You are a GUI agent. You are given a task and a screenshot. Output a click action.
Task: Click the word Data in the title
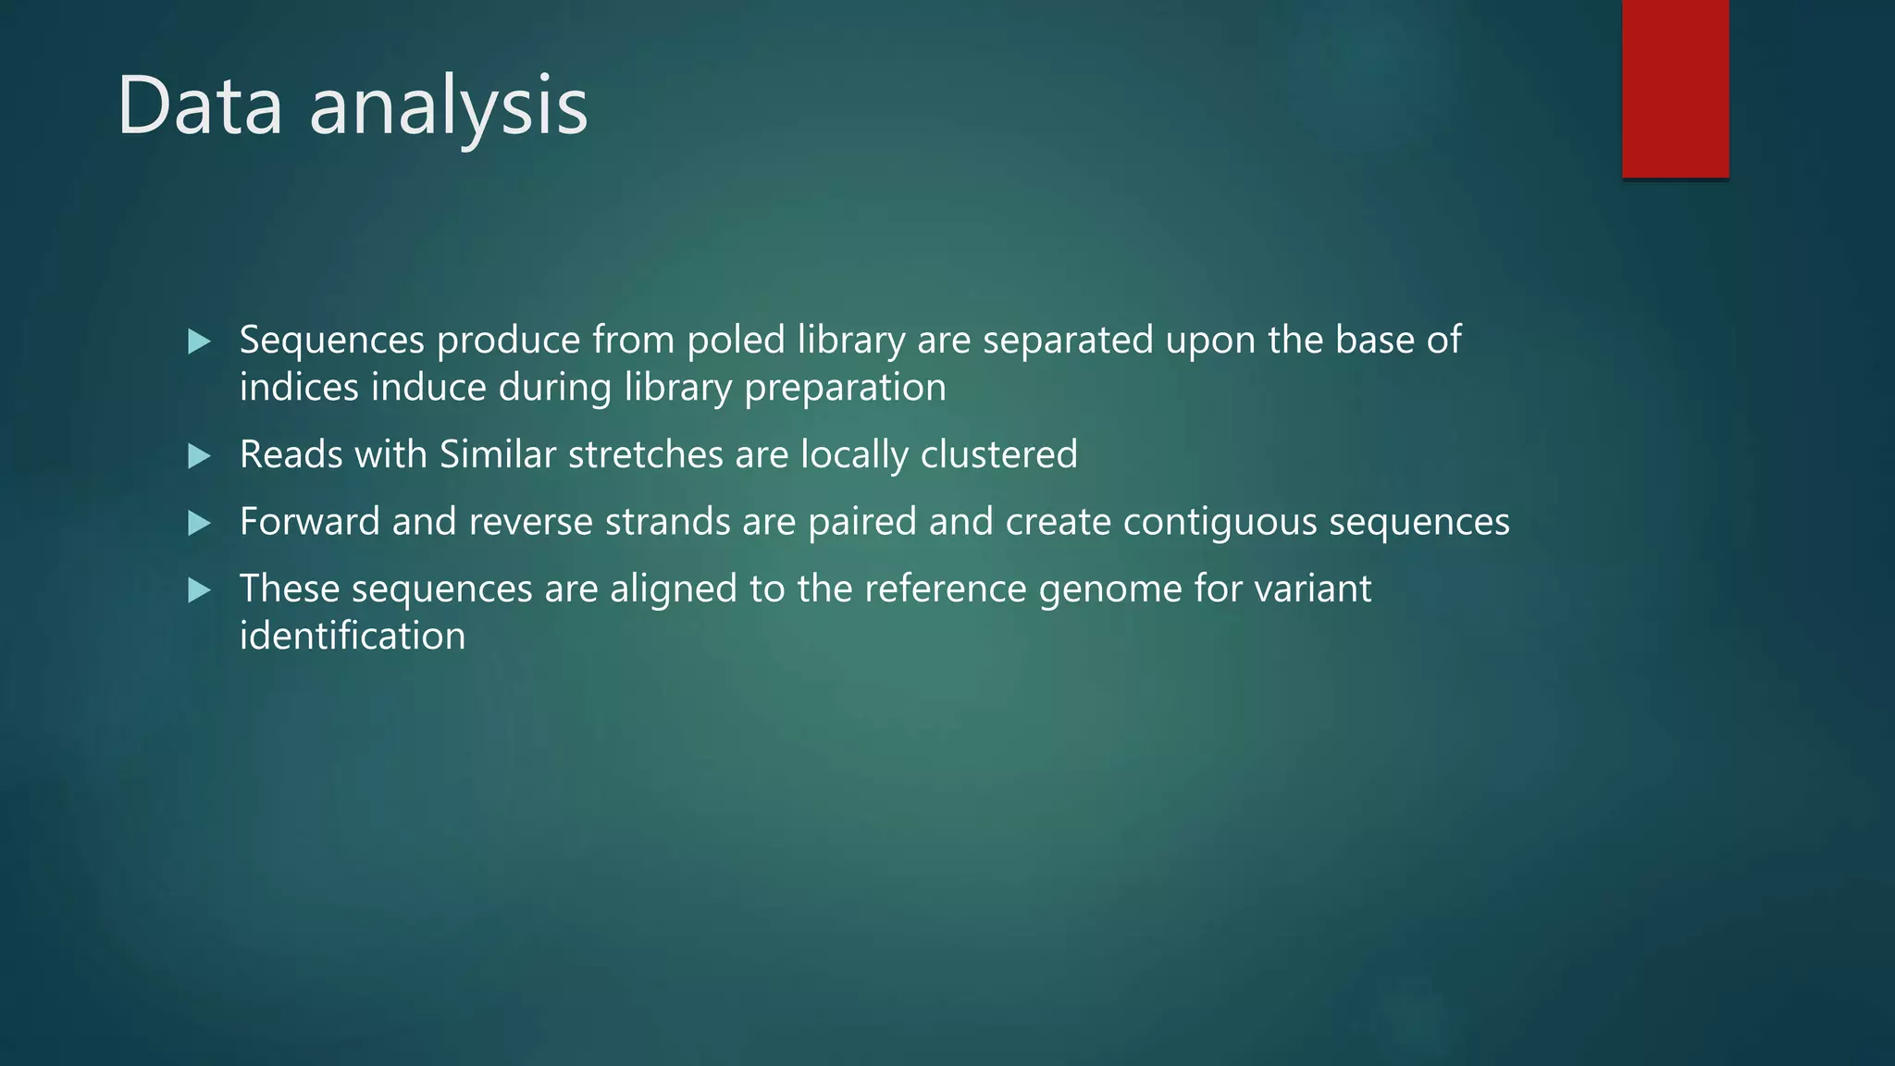point(199,106)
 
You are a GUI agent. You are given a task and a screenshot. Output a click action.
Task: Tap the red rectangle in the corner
point(1675,88)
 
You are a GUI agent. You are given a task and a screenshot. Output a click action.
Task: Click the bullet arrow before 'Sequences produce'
point(199,341)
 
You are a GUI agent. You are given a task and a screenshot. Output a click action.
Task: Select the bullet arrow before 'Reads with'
point(199,455)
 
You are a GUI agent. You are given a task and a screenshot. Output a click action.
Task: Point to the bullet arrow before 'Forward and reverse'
point(199,523)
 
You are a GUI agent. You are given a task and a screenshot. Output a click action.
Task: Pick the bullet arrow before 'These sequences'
point(199,589)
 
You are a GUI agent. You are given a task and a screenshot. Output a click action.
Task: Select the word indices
point(299,388)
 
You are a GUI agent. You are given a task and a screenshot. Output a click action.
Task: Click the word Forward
point(309,522)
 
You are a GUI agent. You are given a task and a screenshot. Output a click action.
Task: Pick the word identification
point(353,637)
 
